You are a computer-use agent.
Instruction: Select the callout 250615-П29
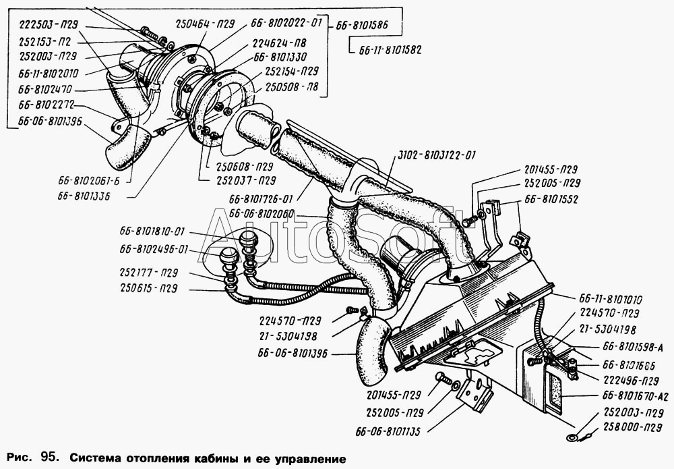[149, 288]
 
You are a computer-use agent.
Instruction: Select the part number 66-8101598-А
[633, 348]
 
